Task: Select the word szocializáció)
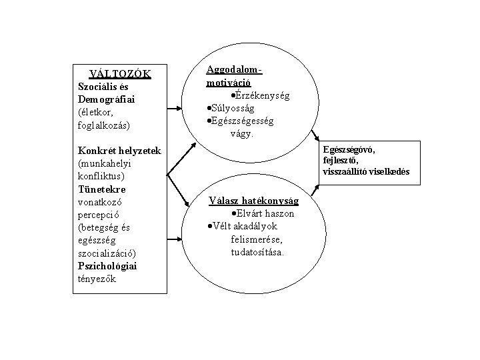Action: coord(110,253)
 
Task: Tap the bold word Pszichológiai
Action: coord(106,266)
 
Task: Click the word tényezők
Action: coord(97,279)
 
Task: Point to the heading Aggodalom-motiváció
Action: coord(235,76)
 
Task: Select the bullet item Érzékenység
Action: coord(262,96)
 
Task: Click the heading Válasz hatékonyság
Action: coord(254,201)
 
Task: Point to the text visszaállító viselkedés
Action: coord(366,172)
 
